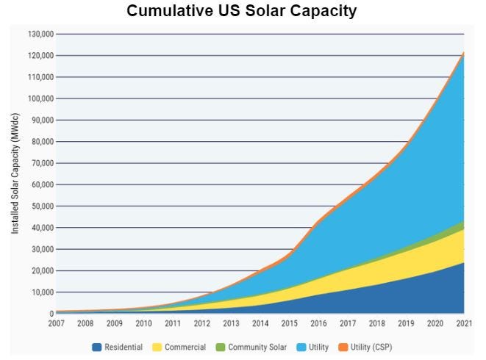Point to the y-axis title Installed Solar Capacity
[x=15, y=173]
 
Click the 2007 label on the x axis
[x=56, y=323]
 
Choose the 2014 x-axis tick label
[x=260, y=323]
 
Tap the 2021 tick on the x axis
[x=463, y=323]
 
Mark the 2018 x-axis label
[x=376, y=323]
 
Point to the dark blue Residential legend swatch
[x=96, y=347]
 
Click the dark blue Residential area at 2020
[x=435, y=294]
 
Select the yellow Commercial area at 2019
[x=405, y=264]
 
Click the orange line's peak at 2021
[x=464, y=53]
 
